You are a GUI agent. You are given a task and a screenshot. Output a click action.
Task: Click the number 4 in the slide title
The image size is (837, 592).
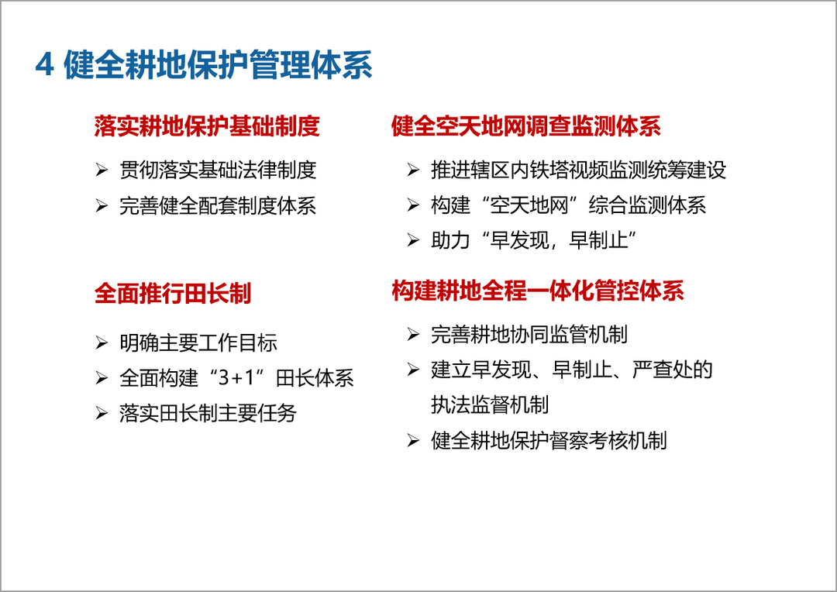tap(45, 65)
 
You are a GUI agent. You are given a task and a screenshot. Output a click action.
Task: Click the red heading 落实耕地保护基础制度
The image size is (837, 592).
tap(207, 126)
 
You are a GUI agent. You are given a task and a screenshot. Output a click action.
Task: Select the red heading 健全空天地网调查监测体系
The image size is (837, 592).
tap(526, 126)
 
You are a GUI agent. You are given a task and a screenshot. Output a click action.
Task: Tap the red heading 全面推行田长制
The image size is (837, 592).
tap(173, 294)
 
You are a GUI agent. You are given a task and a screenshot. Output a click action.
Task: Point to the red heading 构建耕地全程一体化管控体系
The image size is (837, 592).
tap(538, 291)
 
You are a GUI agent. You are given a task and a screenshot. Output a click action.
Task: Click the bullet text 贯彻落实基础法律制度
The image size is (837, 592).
tap(218, 170)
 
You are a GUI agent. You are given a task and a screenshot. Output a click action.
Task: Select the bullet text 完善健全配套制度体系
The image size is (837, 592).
tap(218, 206)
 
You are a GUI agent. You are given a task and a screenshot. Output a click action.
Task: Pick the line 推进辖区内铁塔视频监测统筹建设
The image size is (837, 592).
tap(579, 170)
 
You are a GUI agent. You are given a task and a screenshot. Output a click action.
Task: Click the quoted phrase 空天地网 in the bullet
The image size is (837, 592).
tap(529, 205)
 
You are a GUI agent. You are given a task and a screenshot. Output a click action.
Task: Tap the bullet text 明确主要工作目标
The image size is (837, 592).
tap(198, 342)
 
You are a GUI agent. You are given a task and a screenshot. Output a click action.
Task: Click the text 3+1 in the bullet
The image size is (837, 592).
tap(236, 378)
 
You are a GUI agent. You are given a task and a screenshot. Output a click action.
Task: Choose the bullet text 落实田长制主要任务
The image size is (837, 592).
tap(208, 413)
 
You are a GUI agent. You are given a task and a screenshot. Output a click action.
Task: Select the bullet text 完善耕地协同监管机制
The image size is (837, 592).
tap(529, 335)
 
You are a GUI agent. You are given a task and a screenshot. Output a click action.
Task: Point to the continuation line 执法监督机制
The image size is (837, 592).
tap(490, 404)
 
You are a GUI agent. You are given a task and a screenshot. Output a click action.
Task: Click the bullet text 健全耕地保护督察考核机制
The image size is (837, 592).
tap(549, 441)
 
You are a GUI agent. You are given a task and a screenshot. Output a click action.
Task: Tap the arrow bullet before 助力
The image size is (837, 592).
tap(412, 241)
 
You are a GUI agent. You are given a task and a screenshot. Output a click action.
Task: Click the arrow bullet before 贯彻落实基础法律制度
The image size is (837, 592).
tap(102, 170)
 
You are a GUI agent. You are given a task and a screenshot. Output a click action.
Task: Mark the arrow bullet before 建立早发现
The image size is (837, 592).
tap(412, 370)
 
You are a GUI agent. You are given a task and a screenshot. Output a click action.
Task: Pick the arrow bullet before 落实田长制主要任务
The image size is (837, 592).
tap(102, 413)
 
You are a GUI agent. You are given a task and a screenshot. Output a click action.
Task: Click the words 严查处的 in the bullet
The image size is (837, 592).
tap(673, 370)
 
